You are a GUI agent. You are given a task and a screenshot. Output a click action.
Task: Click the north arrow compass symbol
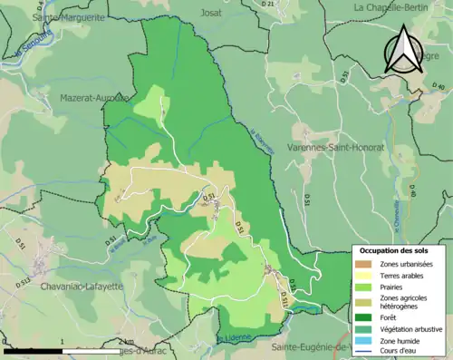click(x=400, y=50)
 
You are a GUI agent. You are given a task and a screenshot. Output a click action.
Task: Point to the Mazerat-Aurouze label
click(x=94, y=97)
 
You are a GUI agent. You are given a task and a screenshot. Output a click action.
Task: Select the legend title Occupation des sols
click(x=394, y=250)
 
